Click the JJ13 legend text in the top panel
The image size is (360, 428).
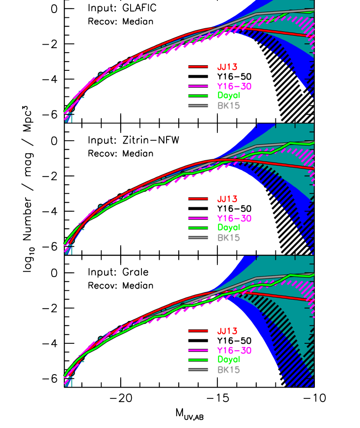click(x=227, y=67)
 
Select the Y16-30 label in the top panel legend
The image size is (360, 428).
click(x=234, y=86)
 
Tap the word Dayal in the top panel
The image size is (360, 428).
click(x=229, y=95)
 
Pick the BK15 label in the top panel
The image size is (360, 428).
click(x=229, y=105)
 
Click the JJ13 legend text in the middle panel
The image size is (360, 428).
click(x=227, y=199)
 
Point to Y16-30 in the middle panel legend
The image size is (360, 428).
click(x=234, y=218)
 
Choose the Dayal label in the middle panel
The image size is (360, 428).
click(x=229, y=227)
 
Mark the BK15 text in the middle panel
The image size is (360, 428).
click(x=229, y=237)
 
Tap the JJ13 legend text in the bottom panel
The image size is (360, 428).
click(x=227, y=331)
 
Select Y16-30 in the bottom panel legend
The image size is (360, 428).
click(x=234, y=350)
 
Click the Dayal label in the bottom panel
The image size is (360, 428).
click(x=229, y=359)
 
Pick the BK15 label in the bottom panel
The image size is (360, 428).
click(x=229, y=369)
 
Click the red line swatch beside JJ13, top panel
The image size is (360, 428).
click(x=198, y=67)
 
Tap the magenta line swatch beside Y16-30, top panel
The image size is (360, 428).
click(x=198, y=86)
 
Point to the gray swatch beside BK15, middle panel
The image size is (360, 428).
click(x=198, y=237)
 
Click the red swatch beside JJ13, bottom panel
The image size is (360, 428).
click(x=198, y=331)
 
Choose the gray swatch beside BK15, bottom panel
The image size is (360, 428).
click(x=198, y=369)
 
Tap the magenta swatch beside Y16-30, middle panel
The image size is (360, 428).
click(x=198, y=218)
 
